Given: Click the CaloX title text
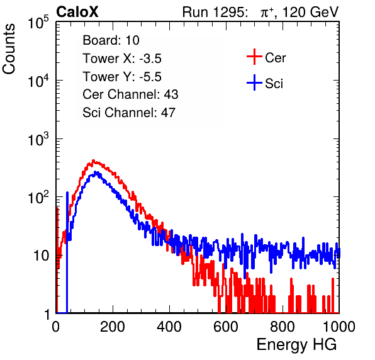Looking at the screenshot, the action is tap(77, 12).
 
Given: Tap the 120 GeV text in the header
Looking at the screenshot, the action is tap(311, 12).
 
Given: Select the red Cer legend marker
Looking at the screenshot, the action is tap(254, 57).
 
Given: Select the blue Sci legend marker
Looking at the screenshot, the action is tap(254, 82).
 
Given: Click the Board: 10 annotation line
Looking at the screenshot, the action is tap(111, 40).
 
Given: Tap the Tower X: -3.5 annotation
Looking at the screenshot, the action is tap(122, 59).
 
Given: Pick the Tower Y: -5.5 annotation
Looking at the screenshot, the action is tap(122, 77).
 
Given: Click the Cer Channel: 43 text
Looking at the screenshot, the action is tap(130, 94).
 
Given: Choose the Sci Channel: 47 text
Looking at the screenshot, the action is tap(129, 113).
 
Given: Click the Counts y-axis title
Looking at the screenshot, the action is tap(9, 49).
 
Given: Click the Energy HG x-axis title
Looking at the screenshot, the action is tap(297, 345).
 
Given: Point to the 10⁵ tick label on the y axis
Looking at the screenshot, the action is tap(38, 22).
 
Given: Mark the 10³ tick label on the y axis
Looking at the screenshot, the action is tap(38, 139).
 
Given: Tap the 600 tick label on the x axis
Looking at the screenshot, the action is tap(226, 327).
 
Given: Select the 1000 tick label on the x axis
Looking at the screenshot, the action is tap(339, 327).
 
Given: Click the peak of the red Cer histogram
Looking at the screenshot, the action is tap(93, 160).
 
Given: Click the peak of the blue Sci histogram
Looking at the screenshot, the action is tap(96, 172).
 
